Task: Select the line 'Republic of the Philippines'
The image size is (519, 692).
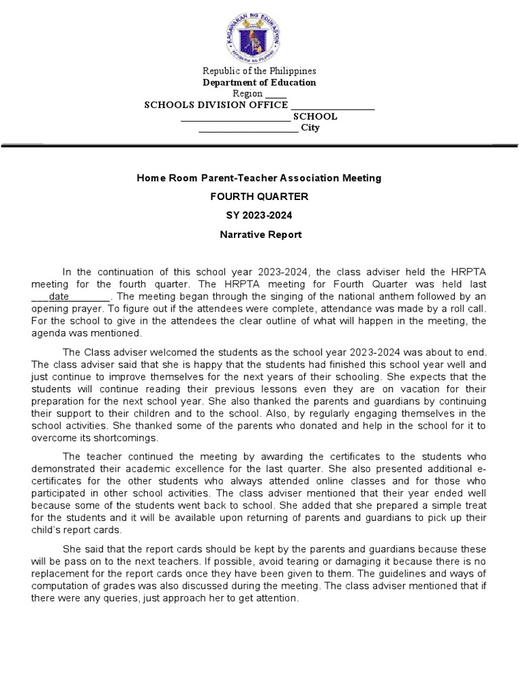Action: tap(259, 71)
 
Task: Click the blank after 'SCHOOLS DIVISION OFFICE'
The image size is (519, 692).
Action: tap(332, 105)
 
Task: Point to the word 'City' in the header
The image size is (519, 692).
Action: tap(310, 128)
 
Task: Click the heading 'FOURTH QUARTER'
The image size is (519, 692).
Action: tap(259, 197)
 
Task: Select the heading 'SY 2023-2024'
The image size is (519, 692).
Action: tap(259, 216)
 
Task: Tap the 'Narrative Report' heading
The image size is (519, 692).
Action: tap(259, 235)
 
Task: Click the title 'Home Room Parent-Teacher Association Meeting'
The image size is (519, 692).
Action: tap(259, 178)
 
